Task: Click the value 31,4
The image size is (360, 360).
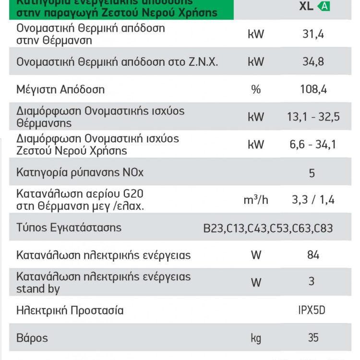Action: pyautogui.click(x=313, y=35)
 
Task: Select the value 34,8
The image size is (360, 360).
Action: pyautogui.click(x=313, y=62)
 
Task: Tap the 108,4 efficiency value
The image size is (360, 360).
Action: pyautogui.click(x=313, y=89)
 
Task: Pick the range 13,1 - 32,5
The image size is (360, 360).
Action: pyautogui.click(x=313, y=117)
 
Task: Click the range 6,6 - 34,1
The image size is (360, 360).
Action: pyautogui.click(x=313, y=144)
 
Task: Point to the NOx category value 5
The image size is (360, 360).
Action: pyautogui.click(x=312, y=172)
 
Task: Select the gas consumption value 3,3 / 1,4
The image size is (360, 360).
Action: pyautogui.click(x=313, y=200)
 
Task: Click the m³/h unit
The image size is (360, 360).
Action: pyautogui.click(x=255, y=200)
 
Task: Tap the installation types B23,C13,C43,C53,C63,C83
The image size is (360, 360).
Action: pyautogui.click(x=268, y=228)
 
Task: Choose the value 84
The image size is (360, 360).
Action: pyautogui.click(x=313, y=255)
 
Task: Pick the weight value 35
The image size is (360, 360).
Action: pyautogui.click(x=313, y=337)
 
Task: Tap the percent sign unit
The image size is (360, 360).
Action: pyautogui.click(x=256, y=89)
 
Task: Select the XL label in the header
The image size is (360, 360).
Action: pyautogui.click(x=306, y=6)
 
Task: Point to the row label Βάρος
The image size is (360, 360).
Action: pyautogui.click(x=32, y=337)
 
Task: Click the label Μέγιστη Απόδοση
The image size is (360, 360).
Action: pyautogui.click(x=60, y=89)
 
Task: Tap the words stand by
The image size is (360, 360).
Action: pyautogui.click(x=38, y=289)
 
